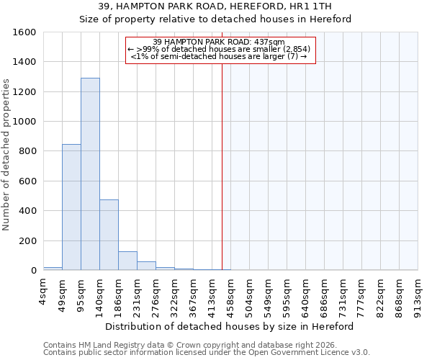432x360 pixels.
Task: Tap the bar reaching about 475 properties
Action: (x=109, y=235)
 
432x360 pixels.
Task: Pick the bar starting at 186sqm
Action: (x=127, y=261)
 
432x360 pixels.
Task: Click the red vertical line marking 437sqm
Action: (x=222, y=166)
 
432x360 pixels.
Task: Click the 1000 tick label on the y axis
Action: (x=25, y=122)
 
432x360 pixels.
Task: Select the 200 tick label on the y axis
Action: (x=28, y=240)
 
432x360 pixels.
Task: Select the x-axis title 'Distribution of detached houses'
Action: (x=230, y=326)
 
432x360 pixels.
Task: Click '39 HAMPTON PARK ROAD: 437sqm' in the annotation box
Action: (x=220, y=42)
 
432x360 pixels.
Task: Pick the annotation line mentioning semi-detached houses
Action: (x=220, y=56)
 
